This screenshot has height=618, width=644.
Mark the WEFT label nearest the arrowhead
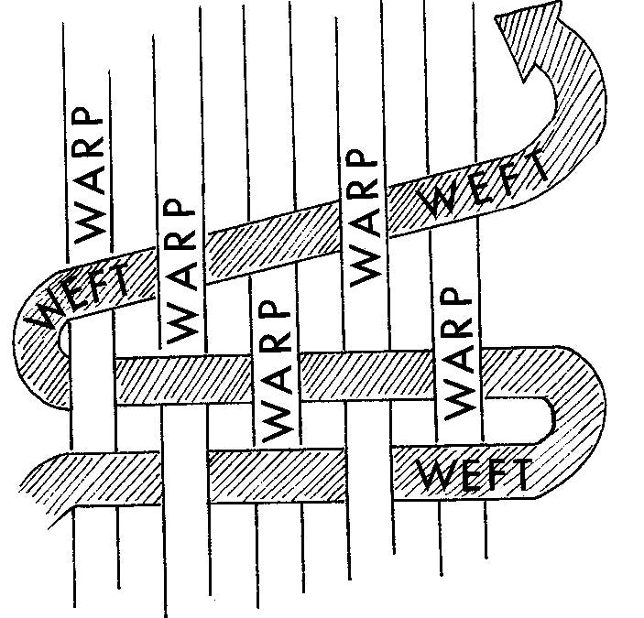[x=481, y=188]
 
